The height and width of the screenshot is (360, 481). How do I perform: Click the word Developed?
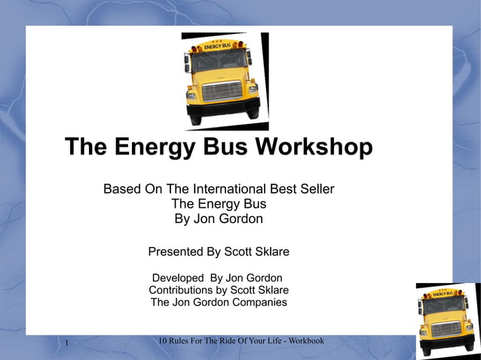click(178, 278)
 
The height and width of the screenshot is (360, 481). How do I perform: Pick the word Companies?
click(255, 302)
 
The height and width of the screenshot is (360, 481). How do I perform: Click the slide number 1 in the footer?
click(67, 344)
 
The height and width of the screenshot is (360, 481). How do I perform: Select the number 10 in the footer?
click(164, 341)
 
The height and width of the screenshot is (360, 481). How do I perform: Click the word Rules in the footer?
click(182, 341)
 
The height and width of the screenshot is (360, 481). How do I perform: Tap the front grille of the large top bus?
click(222, 91)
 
